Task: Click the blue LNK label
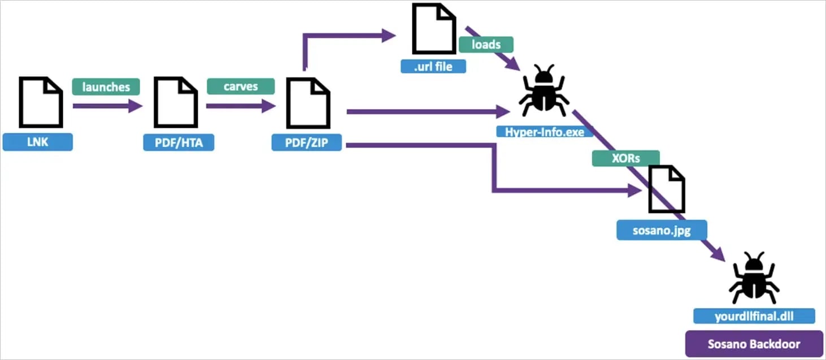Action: click(37, 142)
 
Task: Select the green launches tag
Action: click(106, 87)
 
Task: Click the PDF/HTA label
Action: click(179, 142)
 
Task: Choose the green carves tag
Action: click(241, 86)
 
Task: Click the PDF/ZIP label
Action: click(307, 142)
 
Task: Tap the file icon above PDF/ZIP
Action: click(307, 102)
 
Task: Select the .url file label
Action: click(433, 66)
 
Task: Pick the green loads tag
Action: click(486, 45)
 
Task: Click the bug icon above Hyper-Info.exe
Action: click(543, 90)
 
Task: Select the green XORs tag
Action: click(625, 158)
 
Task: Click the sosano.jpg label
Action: click(662, 231)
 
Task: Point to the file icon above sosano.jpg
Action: click(667, 189)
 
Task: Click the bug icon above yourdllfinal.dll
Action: click(754, 278)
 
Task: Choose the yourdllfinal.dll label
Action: click(754, 316)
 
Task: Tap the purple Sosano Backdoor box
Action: click(754, 344)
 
